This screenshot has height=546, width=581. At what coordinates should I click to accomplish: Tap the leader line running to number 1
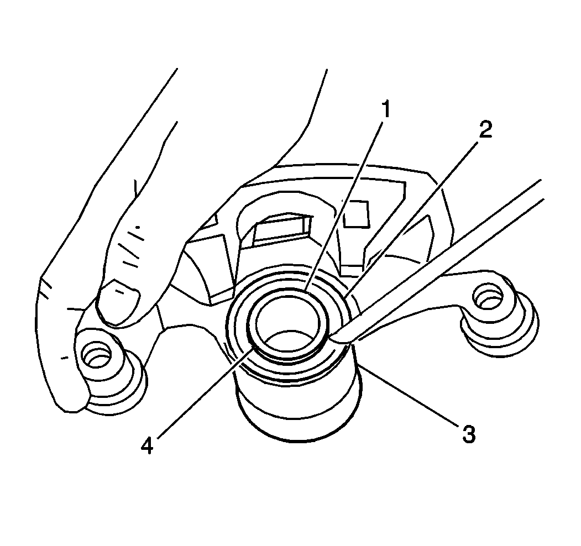[x=344, y=206]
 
